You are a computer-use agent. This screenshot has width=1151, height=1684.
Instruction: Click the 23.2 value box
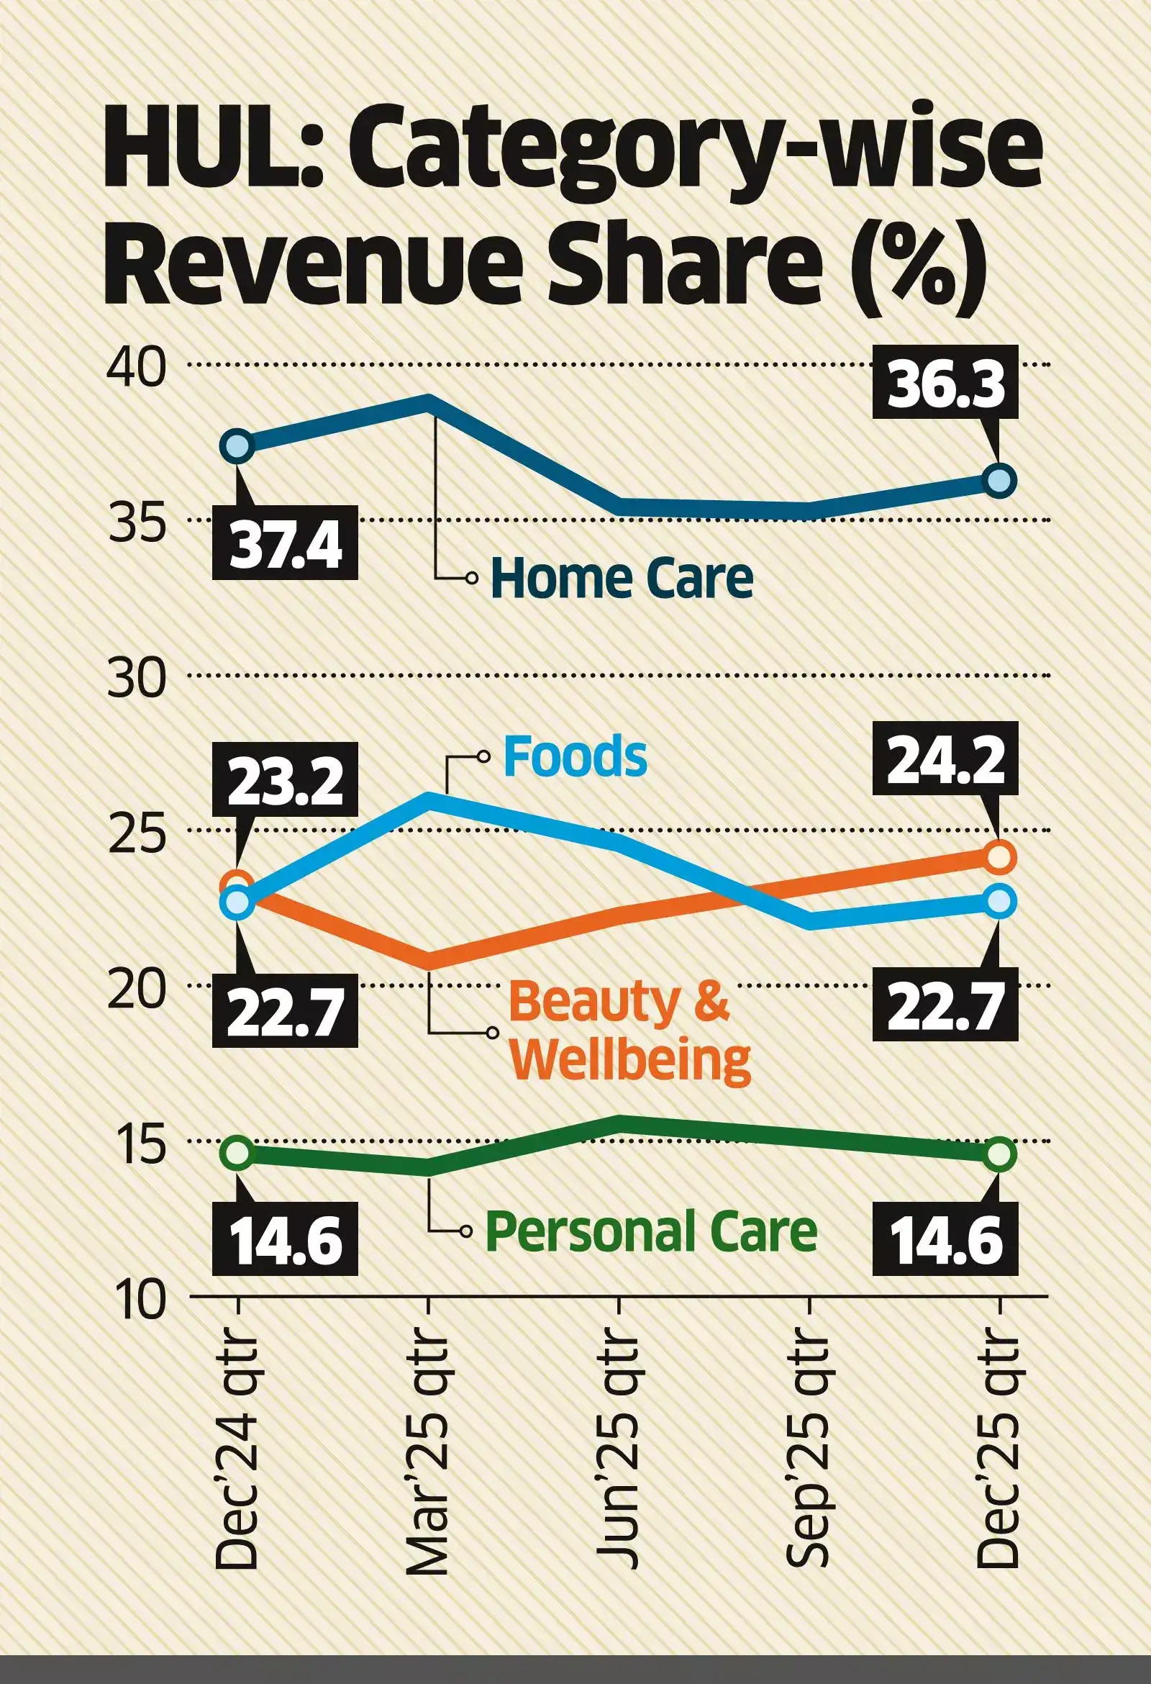tap(285, 780)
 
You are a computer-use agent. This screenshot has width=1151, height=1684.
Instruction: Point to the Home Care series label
tap(622, 578)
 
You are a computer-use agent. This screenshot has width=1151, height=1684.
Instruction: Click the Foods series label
tap(574, 756)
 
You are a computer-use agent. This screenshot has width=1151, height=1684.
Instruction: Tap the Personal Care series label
tap(650, 1231)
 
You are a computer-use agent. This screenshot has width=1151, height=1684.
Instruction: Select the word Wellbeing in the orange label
tap(629, 1060)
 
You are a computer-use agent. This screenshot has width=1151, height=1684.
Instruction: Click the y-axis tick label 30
tap(136, 679)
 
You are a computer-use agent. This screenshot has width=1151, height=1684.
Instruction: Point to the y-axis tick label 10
tap(137, 1300)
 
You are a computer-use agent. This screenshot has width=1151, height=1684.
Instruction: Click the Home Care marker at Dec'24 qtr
tap(238, 446)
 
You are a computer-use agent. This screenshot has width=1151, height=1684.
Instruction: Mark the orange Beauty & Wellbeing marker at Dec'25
tap(998, 856)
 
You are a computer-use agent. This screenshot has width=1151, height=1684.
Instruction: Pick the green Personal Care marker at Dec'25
tap(998, 1154)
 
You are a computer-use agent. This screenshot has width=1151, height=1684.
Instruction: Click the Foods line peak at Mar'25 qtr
tap(429, 798)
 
